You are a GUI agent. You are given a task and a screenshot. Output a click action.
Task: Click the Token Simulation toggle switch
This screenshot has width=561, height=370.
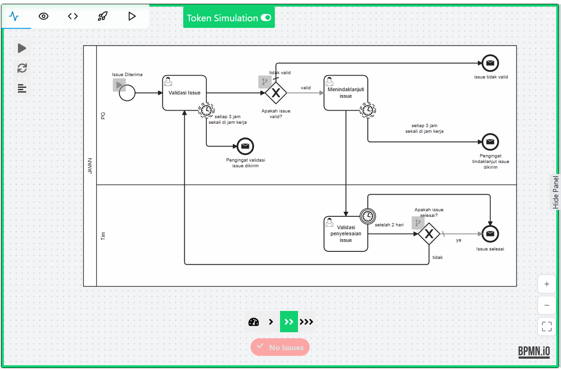pos(266,18)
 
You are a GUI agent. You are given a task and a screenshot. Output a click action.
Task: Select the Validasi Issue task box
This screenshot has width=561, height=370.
pos(185,93)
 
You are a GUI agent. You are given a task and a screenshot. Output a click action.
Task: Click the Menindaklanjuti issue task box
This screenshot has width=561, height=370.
pos(346,93)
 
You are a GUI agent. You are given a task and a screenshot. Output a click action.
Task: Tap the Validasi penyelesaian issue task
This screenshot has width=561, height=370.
pos(346,234)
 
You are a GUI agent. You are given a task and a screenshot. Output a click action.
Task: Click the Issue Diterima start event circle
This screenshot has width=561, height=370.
pos(127,93)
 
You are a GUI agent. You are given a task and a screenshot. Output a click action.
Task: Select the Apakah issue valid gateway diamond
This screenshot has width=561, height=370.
pos(276,93)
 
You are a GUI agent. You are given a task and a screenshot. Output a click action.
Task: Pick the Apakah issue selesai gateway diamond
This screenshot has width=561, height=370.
pos(429,234)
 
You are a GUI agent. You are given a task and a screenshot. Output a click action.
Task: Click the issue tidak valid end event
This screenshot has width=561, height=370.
pos(490,63)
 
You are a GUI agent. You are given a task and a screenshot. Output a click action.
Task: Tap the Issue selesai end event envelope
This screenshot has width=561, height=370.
pos(490,233)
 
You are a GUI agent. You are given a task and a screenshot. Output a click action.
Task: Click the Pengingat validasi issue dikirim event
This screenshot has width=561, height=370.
pos(245,146)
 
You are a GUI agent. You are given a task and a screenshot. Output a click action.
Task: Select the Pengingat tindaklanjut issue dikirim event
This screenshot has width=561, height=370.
pos(490,142)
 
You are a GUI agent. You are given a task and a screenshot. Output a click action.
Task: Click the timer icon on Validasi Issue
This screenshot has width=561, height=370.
pos(206,110)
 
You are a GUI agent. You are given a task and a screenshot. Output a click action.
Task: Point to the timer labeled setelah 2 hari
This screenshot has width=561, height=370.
pos(367,216)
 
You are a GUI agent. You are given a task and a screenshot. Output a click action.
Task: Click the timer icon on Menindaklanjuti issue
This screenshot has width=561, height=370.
pos(368,110)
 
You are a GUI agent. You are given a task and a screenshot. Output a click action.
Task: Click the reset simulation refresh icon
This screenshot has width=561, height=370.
pos(22,68)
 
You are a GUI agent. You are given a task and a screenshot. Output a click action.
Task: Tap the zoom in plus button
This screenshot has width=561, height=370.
pos(547,284)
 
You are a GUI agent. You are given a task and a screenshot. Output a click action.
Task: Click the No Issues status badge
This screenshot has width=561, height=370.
pos(280,347)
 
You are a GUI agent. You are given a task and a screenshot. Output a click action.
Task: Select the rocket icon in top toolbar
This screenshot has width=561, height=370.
pos(102,16)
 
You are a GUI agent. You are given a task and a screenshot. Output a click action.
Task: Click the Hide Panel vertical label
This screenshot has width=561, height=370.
pos(556,192)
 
